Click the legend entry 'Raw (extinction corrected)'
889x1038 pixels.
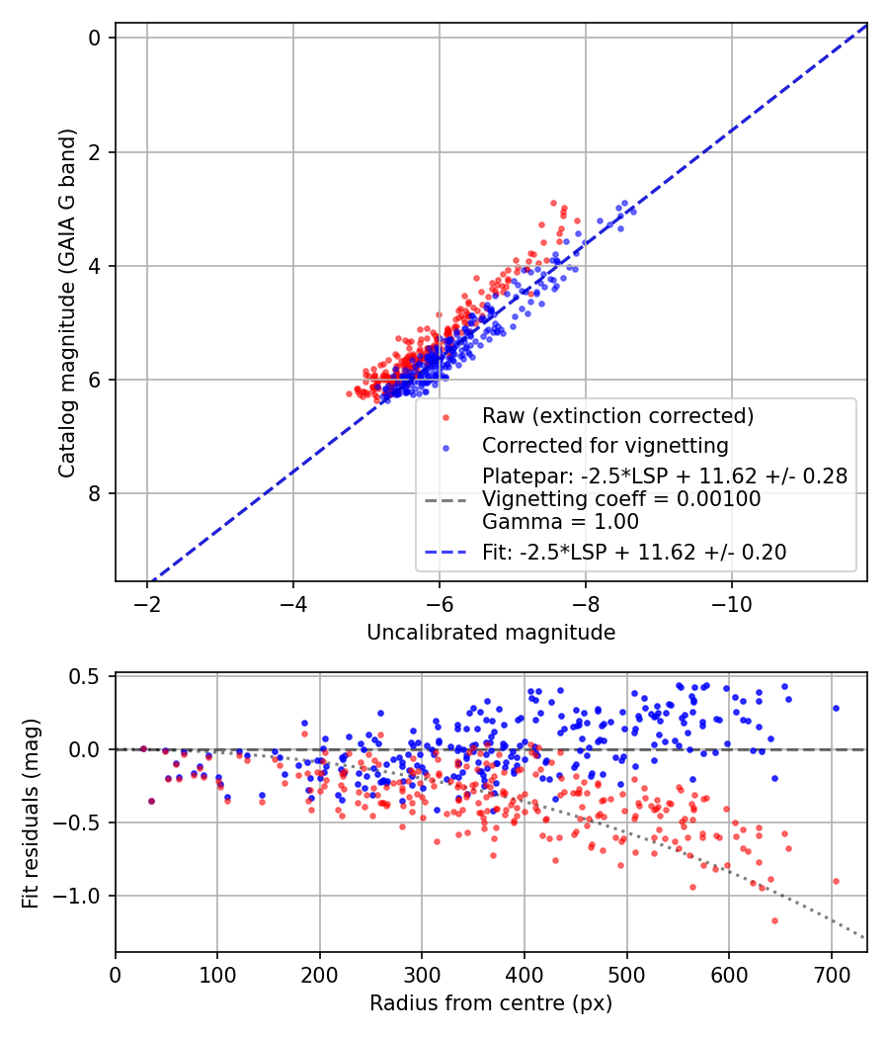coord(617,415)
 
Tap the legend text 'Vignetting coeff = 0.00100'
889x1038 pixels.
coord(621,499)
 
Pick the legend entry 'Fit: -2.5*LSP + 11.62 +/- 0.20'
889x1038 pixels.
coord(634,553)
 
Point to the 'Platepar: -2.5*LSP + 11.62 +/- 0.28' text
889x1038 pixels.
coord(664,476)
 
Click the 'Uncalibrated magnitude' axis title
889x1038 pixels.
coord(491,633)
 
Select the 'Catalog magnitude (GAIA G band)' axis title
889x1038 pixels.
coord(66,303)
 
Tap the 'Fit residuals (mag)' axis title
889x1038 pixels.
coord(30,813)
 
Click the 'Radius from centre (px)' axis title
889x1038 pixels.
coord(491,1003)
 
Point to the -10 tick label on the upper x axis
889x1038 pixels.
coord(731,602)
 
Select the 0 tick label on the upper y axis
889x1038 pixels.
coord(95,38)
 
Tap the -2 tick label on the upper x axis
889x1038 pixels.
coord(147,602)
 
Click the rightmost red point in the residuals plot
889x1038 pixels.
coord(836,881)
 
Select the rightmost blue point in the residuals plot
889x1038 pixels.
coord(836,708)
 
